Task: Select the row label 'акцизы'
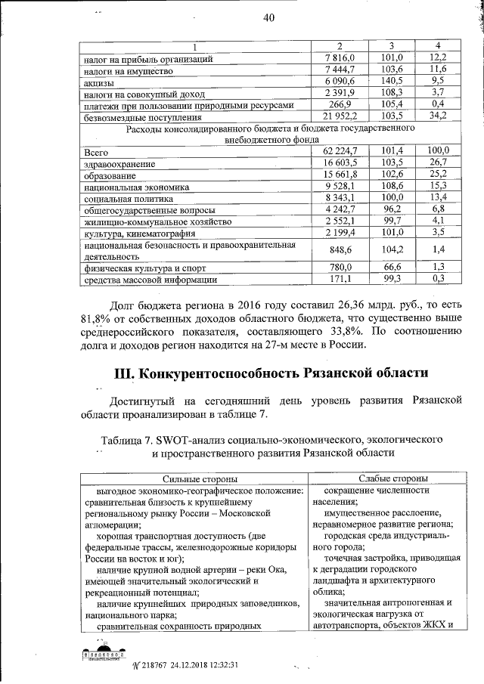pyautogui.click(x=99, y=82)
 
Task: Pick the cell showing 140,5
pyautogui.click(x=391, y=82)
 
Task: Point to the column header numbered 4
pyautogui.click(x=437, y=47)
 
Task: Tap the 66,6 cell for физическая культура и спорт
pyautogui.click(x=391, y=268)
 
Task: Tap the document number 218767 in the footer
pyautogui.click(x=154, y=665)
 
